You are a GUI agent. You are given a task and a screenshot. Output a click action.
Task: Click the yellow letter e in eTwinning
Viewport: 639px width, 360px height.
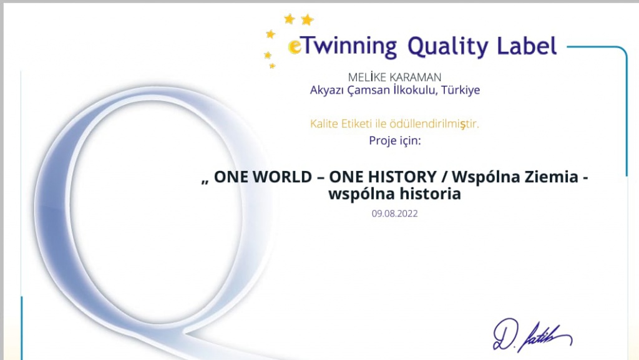[x=295, y=46]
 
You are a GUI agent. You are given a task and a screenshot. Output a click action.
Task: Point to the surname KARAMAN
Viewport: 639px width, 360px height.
[x=415, y=77]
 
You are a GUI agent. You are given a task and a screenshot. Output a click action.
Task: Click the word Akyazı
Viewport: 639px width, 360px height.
[x=327, y=90]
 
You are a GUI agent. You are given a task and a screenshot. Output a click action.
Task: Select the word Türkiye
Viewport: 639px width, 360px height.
[x=461, y=90]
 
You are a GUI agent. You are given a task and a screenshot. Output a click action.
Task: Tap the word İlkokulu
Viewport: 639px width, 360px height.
[x=416, y=90]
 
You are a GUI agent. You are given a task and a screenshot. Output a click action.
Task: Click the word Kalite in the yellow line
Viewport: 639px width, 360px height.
[x=324, y=124]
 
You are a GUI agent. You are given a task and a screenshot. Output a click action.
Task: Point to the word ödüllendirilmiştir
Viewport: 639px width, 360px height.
[x=434, y=124]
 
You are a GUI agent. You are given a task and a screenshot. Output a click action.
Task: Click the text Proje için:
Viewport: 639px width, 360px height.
[x=395, y=141]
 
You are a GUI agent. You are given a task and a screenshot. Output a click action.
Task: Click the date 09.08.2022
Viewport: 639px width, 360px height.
[x=395, y=213]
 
